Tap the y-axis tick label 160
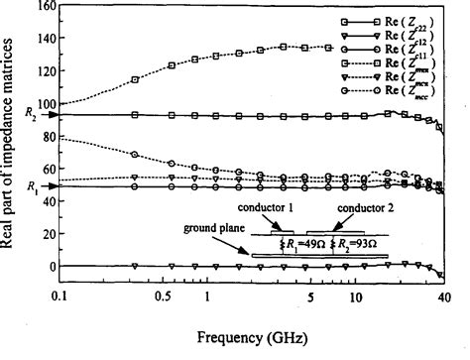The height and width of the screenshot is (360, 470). click(47, 6)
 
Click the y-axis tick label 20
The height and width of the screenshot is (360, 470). click(50, 227)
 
